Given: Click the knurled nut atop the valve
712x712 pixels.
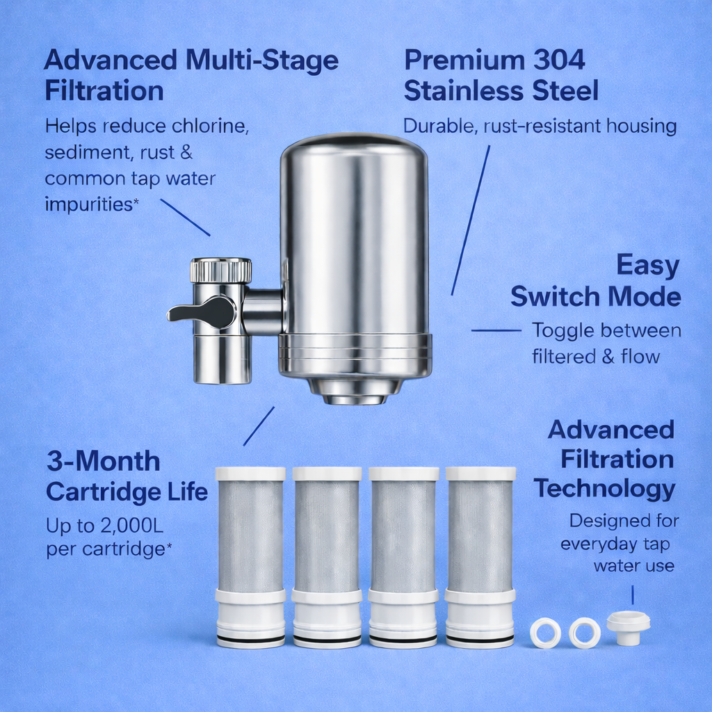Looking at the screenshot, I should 220,270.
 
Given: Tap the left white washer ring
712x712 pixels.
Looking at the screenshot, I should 545,633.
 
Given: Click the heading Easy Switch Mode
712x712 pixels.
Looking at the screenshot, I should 597,281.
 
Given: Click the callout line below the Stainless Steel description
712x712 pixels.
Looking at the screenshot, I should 470,220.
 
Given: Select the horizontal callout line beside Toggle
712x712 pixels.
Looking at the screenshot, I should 496,330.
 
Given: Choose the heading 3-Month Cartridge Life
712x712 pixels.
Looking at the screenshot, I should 127,476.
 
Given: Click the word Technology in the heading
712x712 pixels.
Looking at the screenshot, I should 604,489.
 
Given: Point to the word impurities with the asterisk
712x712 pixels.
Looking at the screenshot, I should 88,204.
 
